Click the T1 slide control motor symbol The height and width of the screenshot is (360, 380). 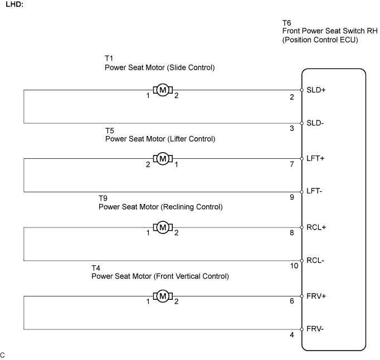163,90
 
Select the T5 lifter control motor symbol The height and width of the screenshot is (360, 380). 163,159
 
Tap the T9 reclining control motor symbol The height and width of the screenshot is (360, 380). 163,227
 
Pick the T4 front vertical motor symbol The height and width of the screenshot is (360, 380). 163,296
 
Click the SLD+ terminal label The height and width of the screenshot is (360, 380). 316,90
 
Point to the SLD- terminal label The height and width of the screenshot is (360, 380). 315,123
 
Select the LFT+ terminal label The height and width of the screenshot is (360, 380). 315,158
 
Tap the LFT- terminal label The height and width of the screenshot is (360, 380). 314,191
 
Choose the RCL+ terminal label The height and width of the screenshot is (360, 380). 316,227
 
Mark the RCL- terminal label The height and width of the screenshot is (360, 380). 315,260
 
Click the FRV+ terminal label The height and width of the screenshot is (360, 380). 316,296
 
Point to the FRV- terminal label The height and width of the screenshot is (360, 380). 315,329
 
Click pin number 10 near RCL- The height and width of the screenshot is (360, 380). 294,266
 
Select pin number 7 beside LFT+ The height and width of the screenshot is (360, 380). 292,164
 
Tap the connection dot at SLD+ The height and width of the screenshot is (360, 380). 302,90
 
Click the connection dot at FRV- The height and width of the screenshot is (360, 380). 302,329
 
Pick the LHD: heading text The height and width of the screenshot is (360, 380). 14,4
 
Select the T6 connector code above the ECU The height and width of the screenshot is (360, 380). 287,23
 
